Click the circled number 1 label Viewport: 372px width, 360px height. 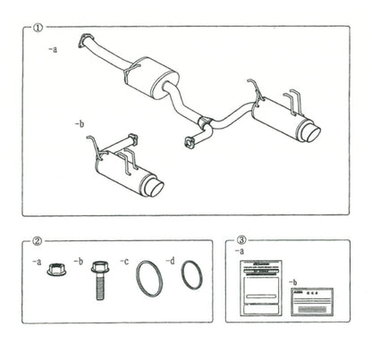pyautogui.click(x=38, y=28)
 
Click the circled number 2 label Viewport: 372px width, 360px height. pyautogui.click(x=38, y=240)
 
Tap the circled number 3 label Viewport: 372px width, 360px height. pyautogui.click(x=242, y=240)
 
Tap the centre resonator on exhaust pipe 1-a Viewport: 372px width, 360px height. pyautogui.click(x=152, y=73)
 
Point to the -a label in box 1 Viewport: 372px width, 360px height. pyautogui.click(x=53, y=51)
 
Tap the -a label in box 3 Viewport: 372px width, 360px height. pyautogui.click(x=240, y=252)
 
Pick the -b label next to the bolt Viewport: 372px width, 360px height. pyautogui.click(x=81, y=260)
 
